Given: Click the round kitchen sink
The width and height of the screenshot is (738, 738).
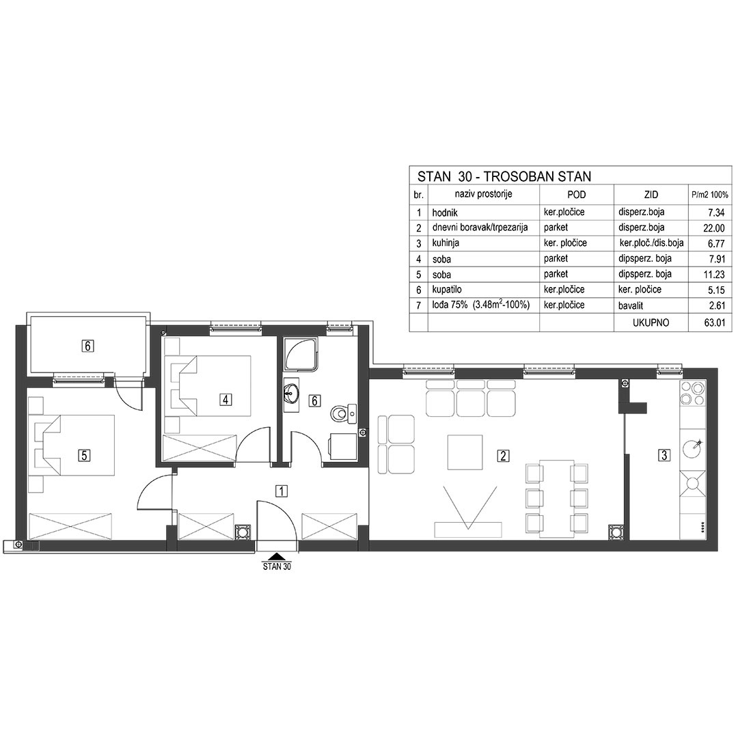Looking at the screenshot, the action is coord(692,448).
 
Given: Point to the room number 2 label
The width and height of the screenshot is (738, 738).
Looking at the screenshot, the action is coord(503,456).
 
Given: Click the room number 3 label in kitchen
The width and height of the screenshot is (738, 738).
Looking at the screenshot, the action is coord(664,455).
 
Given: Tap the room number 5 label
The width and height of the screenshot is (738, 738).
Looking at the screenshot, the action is coord(84,455).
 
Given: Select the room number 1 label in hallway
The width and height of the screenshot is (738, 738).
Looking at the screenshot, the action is coord(281,491).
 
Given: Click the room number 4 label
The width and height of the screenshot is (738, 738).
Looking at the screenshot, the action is coord(226,400).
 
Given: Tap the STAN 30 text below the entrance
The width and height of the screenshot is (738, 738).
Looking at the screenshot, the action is coord(277,566).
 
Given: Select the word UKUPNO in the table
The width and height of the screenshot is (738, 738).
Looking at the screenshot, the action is coord(651,323).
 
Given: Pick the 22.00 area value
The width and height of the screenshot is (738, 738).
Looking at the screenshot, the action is coord(714,228).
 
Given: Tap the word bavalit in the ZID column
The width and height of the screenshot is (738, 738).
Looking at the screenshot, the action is coord(631,305).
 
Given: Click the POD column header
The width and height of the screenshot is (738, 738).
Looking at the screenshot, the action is coord(577,194).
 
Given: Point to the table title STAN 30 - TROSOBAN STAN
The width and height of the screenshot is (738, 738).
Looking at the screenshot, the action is coord(504,176).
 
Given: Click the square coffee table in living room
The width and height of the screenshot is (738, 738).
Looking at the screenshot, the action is coord(465,452).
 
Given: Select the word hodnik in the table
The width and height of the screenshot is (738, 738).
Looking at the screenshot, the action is coord(445,213).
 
